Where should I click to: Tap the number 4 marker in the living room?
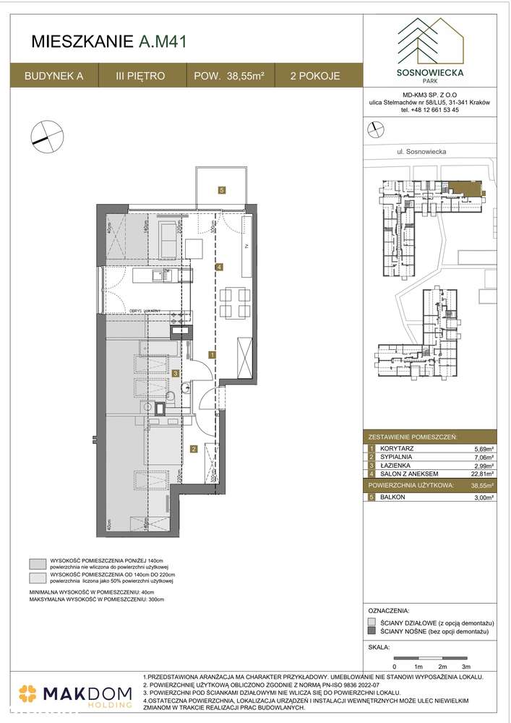218,268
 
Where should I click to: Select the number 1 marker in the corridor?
210,355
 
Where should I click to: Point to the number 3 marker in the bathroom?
176,373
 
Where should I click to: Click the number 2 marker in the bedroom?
194,449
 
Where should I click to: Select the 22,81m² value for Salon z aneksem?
481,474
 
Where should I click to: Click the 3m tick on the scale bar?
466,665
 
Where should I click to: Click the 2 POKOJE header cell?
315,75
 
